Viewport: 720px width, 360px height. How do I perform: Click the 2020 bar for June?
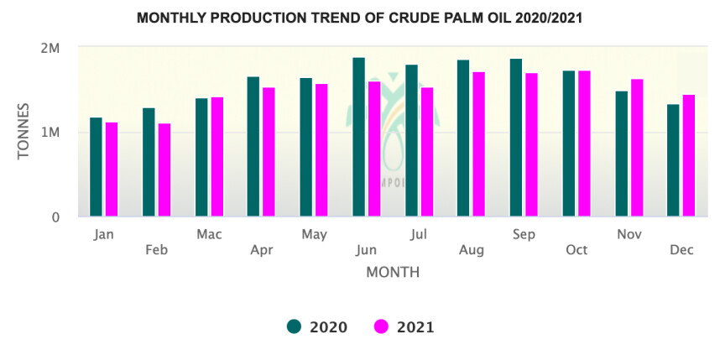(358, 138)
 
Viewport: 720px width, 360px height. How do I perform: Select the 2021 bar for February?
(164, 170)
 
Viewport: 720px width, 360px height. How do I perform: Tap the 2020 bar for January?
(96, 167)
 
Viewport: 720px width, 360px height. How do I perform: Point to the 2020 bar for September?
(515, 138)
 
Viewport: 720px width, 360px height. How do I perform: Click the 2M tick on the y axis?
(50, 49)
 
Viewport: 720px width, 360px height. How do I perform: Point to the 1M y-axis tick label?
(50, 133)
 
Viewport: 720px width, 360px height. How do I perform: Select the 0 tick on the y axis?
(55, 217)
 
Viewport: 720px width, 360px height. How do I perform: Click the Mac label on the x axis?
(209, 234)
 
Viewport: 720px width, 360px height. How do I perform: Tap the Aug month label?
(472, 250)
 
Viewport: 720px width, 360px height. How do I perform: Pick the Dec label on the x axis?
(681, 250)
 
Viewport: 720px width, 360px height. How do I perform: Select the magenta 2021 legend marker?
(382, 327)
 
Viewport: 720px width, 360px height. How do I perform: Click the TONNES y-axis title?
(24, 133)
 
